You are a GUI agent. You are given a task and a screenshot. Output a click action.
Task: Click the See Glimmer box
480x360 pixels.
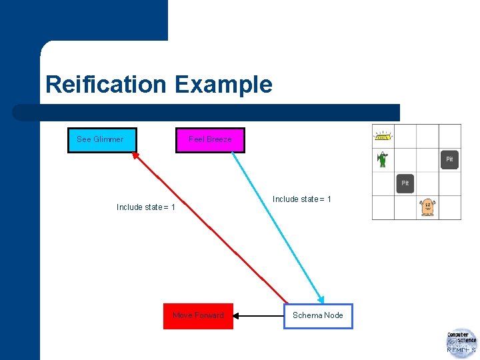[x=102, y=140]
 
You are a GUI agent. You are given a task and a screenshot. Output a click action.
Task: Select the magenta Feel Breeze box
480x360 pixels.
[x=210, y=140]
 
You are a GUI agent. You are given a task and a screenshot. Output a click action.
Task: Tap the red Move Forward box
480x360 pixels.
[x=198, y=316]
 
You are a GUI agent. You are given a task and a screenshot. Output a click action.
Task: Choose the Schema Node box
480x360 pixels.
[x=318, y=316]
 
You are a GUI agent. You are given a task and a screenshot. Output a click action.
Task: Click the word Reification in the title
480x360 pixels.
[x=106, y=85]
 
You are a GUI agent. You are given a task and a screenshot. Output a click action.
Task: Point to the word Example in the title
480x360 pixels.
[x=223, y=85]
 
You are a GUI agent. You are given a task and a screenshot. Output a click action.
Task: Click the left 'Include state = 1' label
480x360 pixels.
[x=146, y=207]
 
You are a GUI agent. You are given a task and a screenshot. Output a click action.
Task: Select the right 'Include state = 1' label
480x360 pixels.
[x=302, y=199]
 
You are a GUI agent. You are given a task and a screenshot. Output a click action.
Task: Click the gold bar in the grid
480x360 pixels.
[x=383, y=137]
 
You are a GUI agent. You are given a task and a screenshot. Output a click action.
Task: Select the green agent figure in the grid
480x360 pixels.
[x=383, y=159]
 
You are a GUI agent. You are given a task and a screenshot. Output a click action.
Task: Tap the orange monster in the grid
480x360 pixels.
[x=427, y=207]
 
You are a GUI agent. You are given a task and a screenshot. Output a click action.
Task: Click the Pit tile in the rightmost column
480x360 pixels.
[x=449, y=159]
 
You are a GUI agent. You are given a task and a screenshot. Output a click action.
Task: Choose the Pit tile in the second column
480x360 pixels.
[x=405, y=183]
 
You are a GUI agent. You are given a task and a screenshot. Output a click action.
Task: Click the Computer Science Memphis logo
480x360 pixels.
[x=461, y=343]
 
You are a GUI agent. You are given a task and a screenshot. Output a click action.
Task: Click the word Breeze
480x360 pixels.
[x=219, y=139]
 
